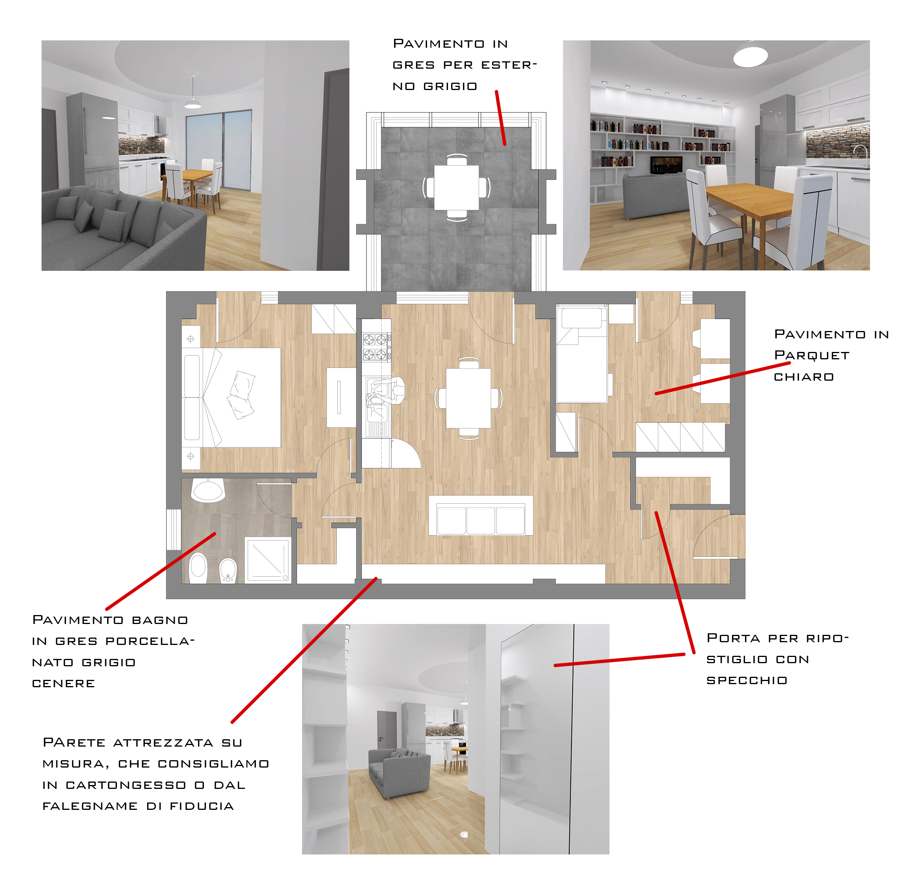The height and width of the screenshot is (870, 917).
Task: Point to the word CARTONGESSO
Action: (x=126, y=785)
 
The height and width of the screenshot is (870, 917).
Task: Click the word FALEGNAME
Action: (x=90, y=806)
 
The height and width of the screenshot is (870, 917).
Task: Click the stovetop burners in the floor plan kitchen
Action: (x=376, y=347)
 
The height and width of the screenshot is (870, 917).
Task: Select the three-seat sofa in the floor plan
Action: (x=480, y=515)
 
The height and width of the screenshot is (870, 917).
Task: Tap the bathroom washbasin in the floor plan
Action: (x=208, y=490)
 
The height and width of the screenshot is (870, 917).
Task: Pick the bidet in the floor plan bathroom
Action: (x=228, y=570)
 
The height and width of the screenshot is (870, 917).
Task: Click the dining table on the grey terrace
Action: (x=456, y=187)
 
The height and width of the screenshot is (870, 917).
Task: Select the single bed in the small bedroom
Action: (x=582, y=355)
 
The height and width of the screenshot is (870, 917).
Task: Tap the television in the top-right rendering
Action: (x=667, y=165)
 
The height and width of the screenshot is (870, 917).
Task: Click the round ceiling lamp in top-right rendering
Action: (x=750, y=55)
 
